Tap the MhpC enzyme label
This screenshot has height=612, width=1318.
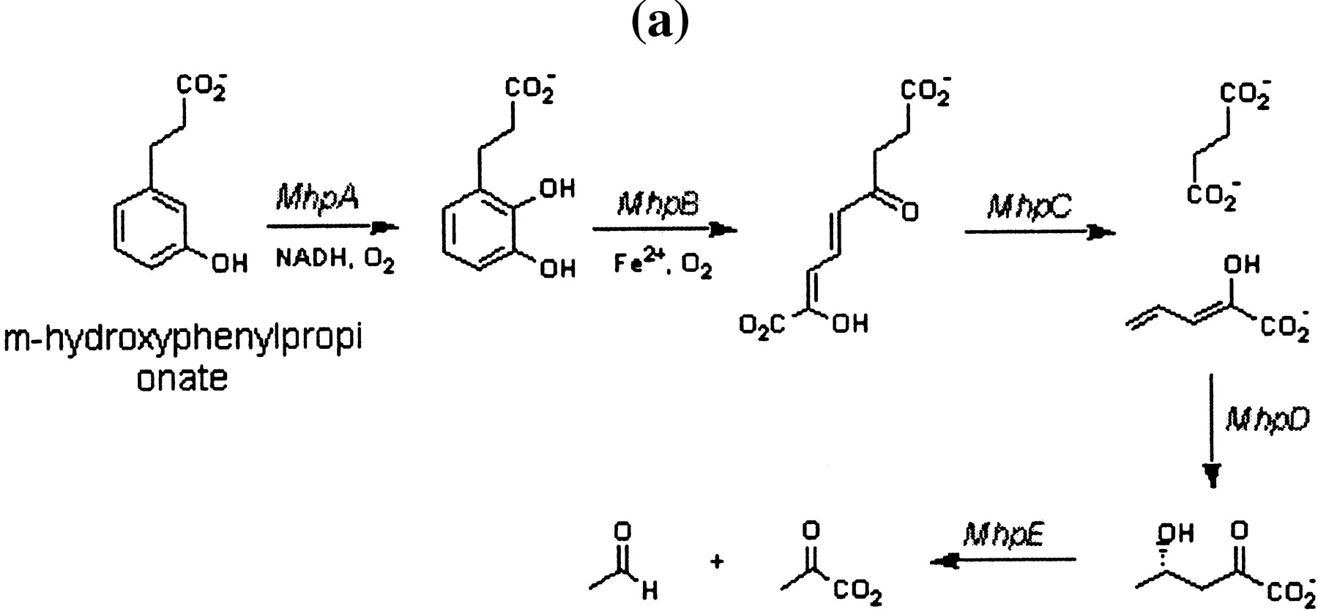click(x=1028, y=207)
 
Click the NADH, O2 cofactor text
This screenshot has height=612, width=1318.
click(x=335, y=259)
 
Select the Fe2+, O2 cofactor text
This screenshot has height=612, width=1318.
click(x=663, y=262)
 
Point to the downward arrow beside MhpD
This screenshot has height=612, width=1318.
click(x=1212, y=430)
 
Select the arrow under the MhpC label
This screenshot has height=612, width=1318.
click(x=1040, y=233)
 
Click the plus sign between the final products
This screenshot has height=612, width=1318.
click(x=717, y=562)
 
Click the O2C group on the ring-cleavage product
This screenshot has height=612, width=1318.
click(x=762, y=323)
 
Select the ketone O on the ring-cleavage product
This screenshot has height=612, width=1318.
click(x=909, y=213)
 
